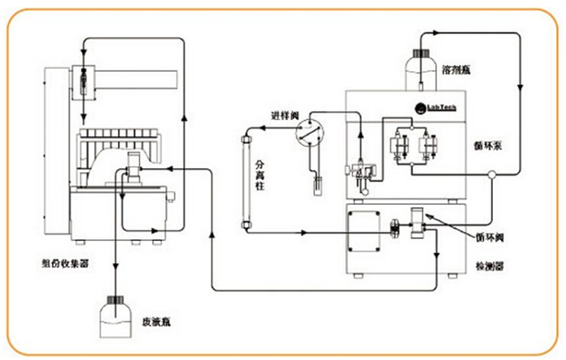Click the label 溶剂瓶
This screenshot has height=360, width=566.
point(457,70)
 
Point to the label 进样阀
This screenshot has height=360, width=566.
point(282,115)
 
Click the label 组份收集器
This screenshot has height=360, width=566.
point(65,262)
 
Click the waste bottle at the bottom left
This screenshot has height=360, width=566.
point(116,318)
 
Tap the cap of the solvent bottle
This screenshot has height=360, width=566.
point(421,53)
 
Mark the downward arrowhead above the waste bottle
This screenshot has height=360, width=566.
point(116,268)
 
